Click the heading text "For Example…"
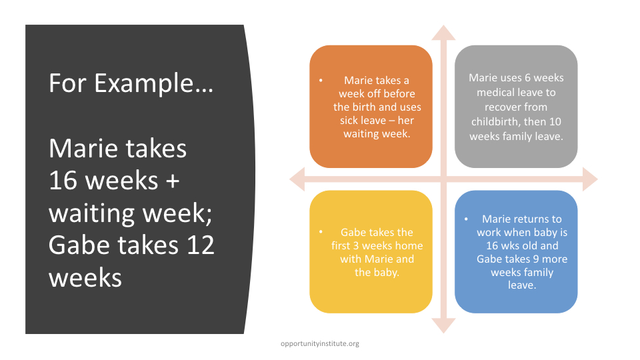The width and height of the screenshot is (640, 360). [131, 83]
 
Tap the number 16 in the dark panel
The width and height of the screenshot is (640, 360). [63, 181]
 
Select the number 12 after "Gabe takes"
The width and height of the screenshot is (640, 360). [201, 245]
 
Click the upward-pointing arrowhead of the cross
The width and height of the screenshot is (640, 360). [443, 33]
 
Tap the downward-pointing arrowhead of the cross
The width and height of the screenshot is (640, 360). [443, 326]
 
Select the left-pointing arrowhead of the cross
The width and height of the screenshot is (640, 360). [297, 179]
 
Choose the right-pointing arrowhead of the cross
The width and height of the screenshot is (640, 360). [590, 179]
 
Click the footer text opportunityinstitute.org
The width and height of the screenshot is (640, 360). [320, 344]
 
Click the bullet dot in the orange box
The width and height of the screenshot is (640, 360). [321, 81]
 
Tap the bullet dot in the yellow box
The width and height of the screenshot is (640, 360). [321, 232]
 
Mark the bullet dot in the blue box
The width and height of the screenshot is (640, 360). [466, 219]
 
